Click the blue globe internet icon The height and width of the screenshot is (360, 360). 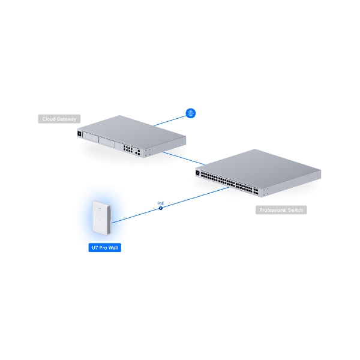191,113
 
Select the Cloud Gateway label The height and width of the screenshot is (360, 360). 59,119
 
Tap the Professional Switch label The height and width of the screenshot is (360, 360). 281,210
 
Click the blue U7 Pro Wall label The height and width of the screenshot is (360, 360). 104,248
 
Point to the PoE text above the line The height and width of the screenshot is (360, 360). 161,203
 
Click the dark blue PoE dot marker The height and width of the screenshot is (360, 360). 161,208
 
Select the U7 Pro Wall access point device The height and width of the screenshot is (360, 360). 101,218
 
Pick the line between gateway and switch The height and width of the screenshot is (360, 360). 184,158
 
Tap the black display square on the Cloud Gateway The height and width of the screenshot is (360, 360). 79,134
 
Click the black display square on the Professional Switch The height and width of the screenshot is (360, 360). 197,173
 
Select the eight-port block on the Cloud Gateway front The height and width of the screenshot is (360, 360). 128,148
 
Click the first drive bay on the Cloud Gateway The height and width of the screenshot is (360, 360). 90,138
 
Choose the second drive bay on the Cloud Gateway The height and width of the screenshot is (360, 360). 107,142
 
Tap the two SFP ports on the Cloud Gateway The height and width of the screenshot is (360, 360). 137,152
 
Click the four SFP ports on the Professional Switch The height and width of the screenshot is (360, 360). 256,192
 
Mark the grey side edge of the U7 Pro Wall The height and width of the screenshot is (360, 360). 109,220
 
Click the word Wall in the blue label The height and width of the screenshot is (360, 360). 113,248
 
